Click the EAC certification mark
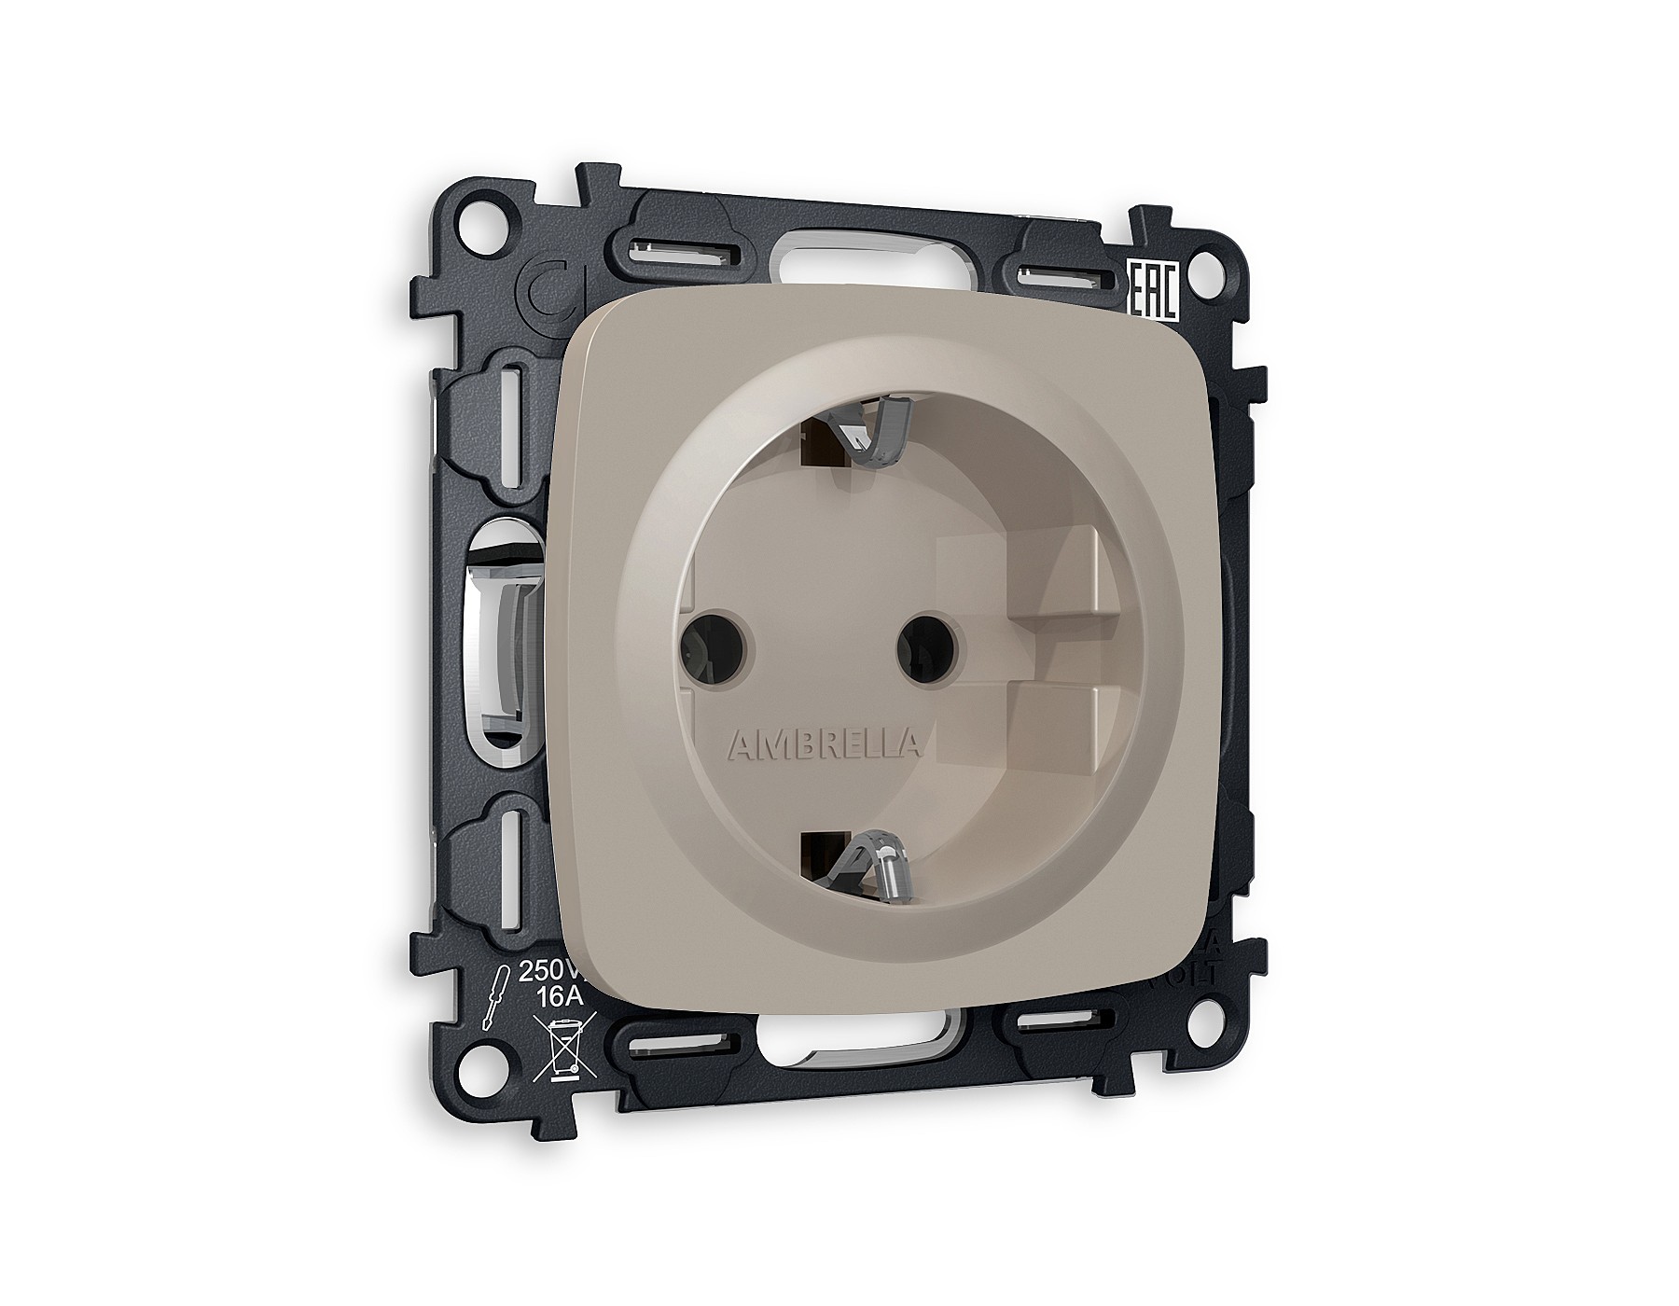(1155, 290)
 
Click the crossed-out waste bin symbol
(562, 1049)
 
